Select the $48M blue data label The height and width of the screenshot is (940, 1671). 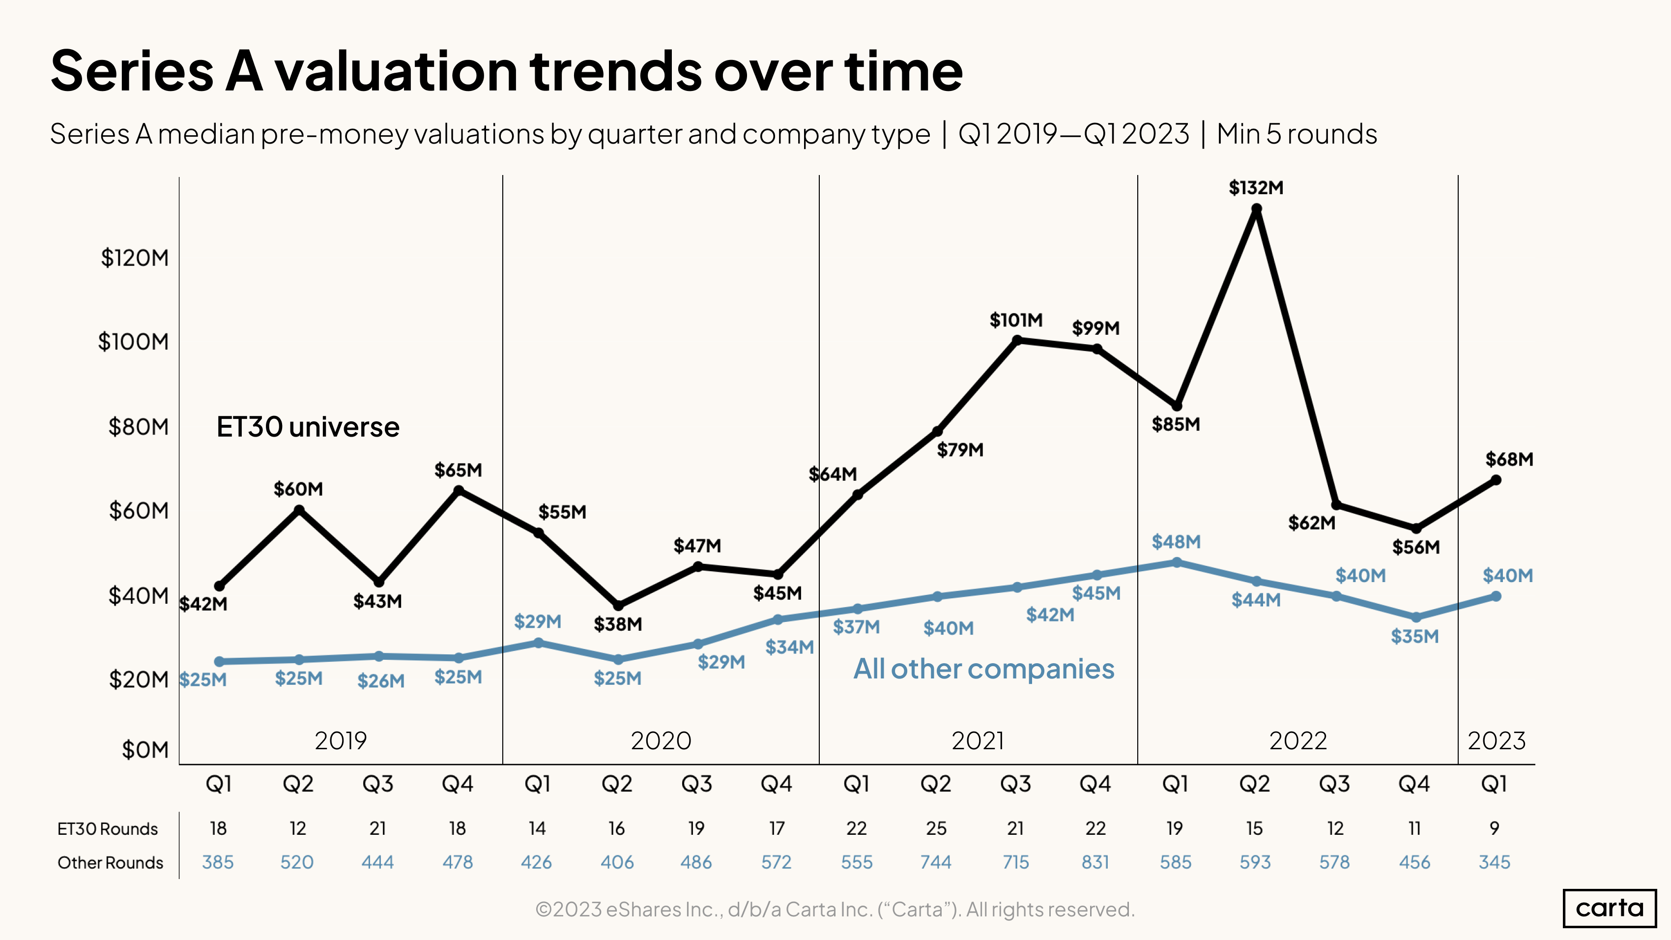(x=1176, y=542)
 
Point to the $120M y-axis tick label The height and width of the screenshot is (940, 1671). (x=134, y=258)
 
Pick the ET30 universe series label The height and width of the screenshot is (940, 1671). (x=308, y=427)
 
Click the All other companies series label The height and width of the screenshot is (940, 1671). (x=983, y=669)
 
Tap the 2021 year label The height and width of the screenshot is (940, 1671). (x=978, y=741)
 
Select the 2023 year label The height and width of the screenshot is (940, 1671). (x=1497, y=741)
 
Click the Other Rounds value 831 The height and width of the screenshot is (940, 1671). (x=1095, y=862)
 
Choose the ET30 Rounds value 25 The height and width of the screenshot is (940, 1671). (x=936, y=828)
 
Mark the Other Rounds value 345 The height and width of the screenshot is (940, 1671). (x=1495, y=862)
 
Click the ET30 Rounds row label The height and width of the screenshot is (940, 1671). (x=108, y=829)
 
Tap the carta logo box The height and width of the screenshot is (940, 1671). (x=1610, y=908)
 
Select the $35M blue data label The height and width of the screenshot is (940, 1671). (x=1415, y=636)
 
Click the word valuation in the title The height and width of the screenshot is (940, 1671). (x=396, y=71)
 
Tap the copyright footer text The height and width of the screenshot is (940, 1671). (x=835, y=910)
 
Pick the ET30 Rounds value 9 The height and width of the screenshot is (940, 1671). (x=1495, y=828)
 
